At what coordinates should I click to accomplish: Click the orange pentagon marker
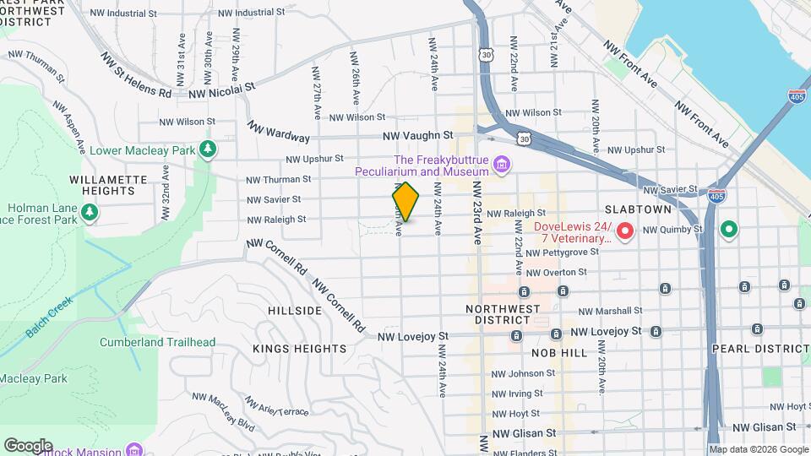click(x=406, y=203)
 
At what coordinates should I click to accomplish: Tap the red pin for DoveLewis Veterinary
click(x=625, y=230)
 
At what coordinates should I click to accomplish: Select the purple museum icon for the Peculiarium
click(x=502, y=162)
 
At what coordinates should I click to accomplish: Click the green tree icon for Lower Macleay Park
click(x=208, y=150)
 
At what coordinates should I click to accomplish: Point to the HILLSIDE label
click(x=295, y=311)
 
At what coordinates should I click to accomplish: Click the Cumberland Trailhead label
click(x=158, y=343)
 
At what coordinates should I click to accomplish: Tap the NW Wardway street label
click(x=279, y=133)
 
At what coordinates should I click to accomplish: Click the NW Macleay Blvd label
click(x=223, y=410)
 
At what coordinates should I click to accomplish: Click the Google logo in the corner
click(x=28, y=445)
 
